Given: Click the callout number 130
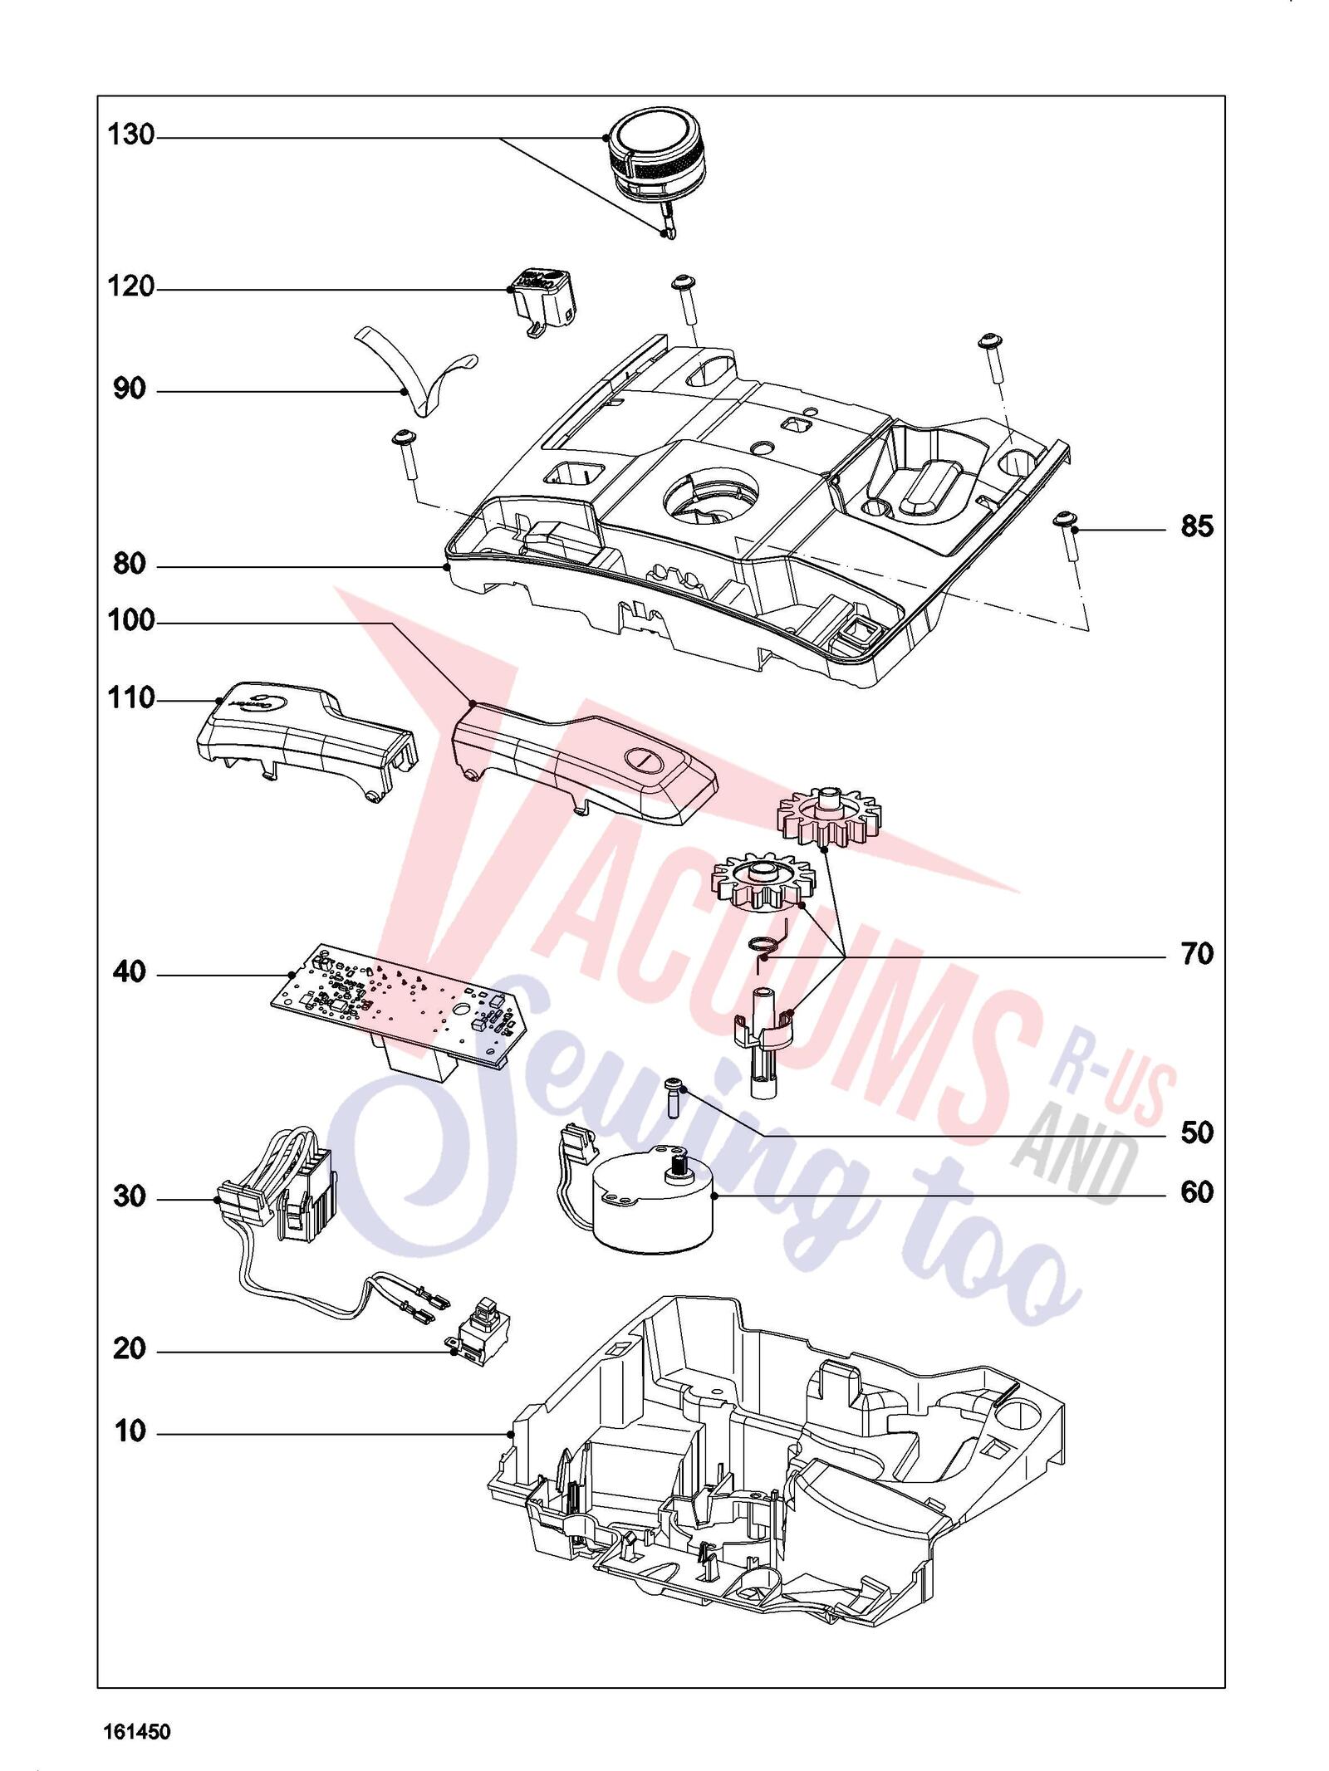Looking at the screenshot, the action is point(131,135).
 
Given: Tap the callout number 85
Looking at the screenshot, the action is point(1197,526).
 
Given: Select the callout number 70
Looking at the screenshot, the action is point(1197,954).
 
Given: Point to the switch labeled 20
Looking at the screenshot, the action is point(479,1334).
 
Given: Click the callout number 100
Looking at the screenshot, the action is point(131,620).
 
